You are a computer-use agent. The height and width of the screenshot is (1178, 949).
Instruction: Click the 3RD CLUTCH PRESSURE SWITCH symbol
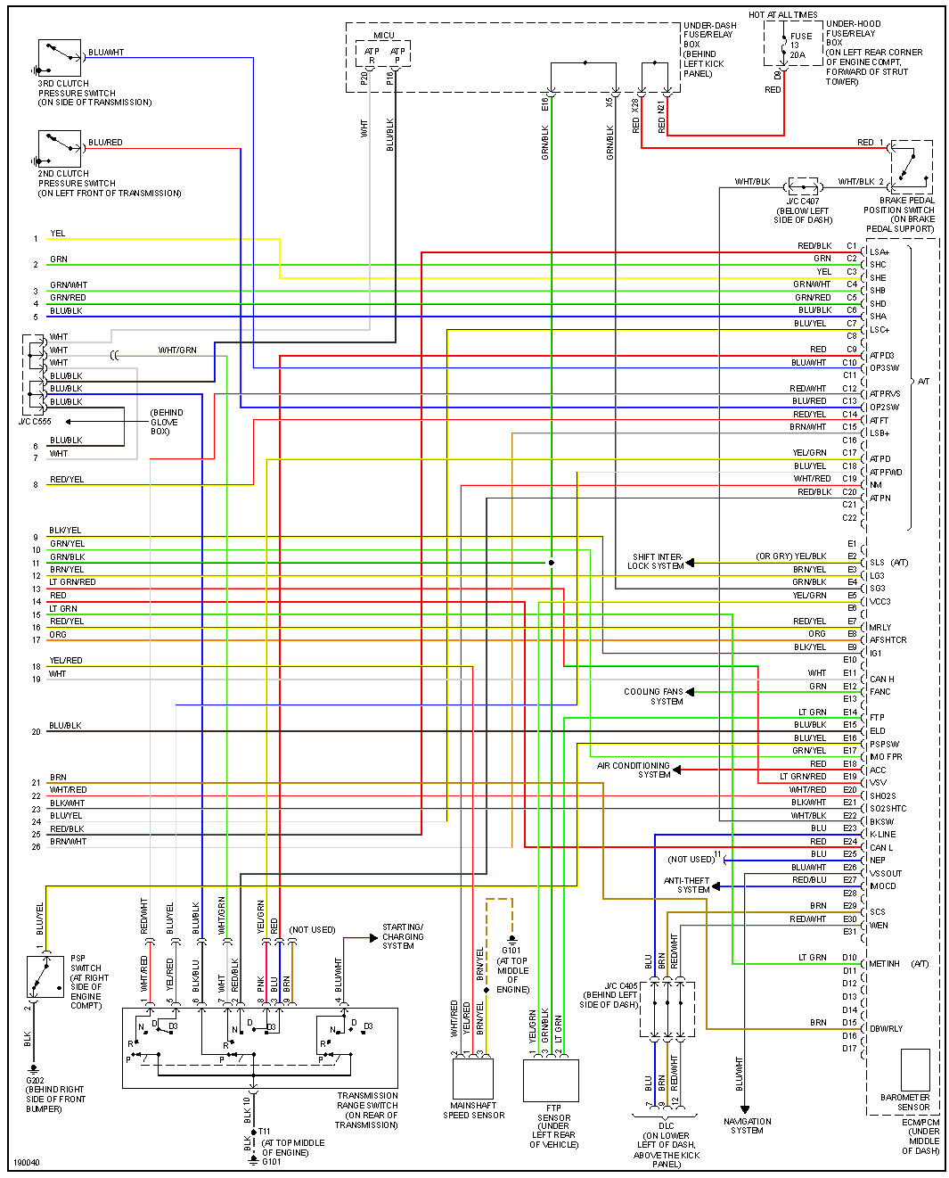click(x=60, y=58)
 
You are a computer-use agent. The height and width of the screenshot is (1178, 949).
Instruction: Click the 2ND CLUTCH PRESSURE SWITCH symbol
click(x=60, y=148)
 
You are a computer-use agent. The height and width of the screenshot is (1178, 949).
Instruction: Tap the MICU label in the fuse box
click(x=384, y=36)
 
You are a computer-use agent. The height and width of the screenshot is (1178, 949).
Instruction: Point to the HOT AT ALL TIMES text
click(x=782, y=15)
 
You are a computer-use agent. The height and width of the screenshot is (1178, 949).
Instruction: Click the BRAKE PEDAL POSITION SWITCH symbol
click(x=912, y=167)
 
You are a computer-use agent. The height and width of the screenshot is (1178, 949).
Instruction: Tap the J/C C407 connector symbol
click(x=803, y=185)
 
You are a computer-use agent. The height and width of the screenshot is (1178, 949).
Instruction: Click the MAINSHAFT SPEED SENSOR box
click(x=472, y=1079)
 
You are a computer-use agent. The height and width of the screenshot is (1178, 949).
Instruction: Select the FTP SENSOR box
click(x=551, y=1081)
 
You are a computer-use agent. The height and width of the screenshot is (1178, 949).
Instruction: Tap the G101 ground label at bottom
click(x=271, y=1162)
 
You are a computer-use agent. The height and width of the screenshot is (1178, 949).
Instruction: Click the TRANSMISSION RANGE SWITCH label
click(x=367, y=1110)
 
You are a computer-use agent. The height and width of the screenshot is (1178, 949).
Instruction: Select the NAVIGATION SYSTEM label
click(x=747, y=1125)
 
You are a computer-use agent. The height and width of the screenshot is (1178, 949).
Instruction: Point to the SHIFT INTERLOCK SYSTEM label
click(x=657, y=561)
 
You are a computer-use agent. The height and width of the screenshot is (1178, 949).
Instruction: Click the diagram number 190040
click(x=26, y=1163)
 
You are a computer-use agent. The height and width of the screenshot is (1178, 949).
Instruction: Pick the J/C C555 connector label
click(x=35, y=422)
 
